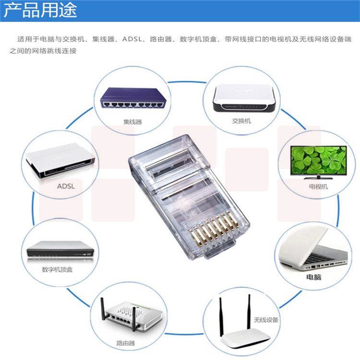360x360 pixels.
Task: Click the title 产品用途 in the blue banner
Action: click(x=40, y=11)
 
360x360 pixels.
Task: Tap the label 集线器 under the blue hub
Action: click(x=132, y=122)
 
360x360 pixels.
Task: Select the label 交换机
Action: click(x=241, y=121)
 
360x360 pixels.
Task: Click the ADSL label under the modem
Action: click(x=66, y=186)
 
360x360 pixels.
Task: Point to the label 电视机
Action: click(x=318, y=186)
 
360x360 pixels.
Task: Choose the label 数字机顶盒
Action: click(x=57, y=269)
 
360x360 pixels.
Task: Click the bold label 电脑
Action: click(x=313, y=277)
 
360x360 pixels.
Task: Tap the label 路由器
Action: click(x=125, y=343)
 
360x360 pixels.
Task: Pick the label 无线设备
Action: click(x=266, y=320)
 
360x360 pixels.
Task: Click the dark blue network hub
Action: click(x=133, y=98)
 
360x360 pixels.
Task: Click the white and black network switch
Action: click(x=244, y=98)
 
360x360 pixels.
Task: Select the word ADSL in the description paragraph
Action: click(x=132, y=39)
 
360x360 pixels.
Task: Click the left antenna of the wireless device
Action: click(x=221, y=317)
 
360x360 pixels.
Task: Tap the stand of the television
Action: click(x=318, y=177)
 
